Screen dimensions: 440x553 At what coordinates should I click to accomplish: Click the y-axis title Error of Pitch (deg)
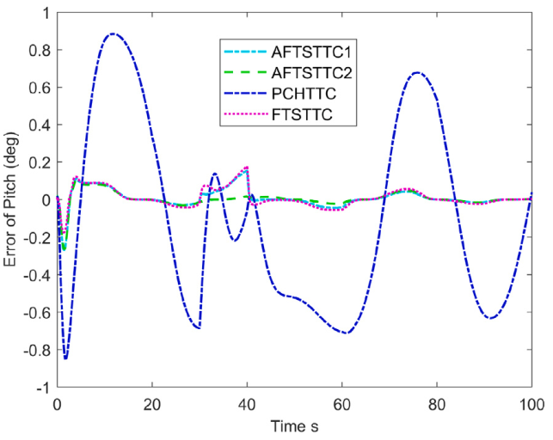[x=12, y=199]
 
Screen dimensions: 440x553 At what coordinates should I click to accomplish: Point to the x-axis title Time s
[x=294, y=426]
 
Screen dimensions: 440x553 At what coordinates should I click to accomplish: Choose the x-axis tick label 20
[x=152, y=404]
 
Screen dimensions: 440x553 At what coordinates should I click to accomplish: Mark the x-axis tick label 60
[x=342, y=404]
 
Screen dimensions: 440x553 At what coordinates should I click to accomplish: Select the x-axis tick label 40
[x=247, y=404]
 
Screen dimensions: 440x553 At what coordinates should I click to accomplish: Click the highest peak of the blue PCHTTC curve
[x=113, y=34]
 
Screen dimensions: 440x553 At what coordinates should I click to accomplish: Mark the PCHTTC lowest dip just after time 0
[x=65, y=358]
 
